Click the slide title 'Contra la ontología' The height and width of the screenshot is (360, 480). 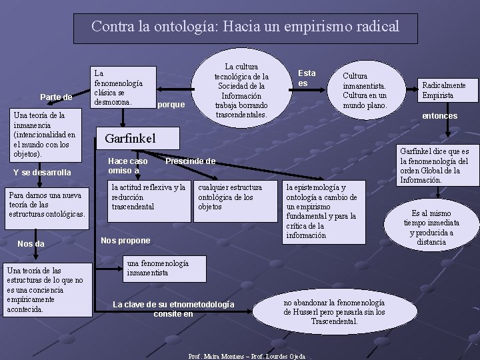245,27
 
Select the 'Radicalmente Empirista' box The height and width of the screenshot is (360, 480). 443,90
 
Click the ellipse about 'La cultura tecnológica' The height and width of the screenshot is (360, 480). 241,91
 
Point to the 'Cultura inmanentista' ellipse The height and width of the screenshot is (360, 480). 364,91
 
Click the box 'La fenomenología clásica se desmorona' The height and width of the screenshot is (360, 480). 123,87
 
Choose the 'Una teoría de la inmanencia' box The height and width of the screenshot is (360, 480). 45,135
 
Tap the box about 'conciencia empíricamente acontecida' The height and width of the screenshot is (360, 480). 47,289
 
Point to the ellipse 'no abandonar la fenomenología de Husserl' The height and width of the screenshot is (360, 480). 325,312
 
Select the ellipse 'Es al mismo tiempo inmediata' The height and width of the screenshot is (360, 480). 431,227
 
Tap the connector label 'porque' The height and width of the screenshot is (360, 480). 172,105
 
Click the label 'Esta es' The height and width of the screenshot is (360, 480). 307,78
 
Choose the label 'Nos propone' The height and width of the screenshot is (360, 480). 125,240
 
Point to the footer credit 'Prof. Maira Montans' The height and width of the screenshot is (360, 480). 247,356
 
